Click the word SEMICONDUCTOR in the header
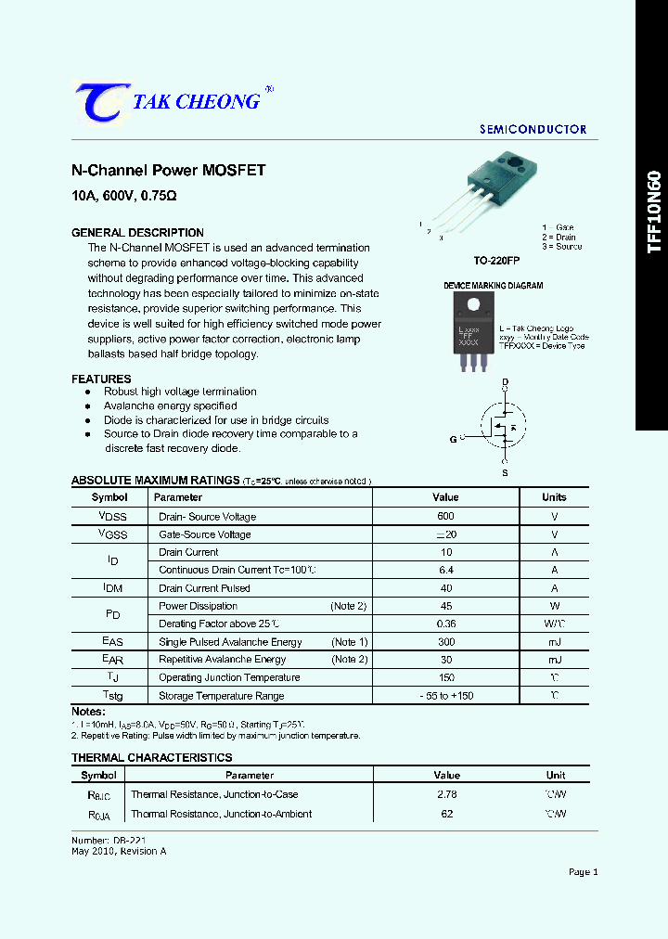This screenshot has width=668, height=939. (533, 130)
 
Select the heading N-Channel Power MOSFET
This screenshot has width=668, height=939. (169, 171)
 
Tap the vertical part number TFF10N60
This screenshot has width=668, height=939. (654, 212)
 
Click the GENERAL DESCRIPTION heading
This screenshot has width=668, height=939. (137, 233)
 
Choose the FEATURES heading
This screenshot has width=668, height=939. (101, 379)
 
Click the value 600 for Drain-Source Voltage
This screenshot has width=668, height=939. (445, 517)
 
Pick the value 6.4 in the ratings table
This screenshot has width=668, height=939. (445, 571)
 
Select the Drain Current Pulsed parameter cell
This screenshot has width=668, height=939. (204, 588)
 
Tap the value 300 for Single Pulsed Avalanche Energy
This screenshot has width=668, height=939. (445, 642)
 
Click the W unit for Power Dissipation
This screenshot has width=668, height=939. (555, 606)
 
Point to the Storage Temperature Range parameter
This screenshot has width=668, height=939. (221, 696)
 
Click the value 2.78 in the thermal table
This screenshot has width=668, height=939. (446, 794)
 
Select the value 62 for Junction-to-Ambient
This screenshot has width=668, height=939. (446, 814)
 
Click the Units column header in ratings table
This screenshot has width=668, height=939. (555, 497)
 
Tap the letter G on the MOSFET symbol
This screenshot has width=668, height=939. (454, 439)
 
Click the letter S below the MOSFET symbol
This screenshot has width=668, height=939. (505, 473)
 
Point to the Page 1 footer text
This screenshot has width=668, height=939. (583, 872)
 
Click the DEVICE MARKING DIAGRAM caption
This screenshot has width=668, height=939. (494, 286)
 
